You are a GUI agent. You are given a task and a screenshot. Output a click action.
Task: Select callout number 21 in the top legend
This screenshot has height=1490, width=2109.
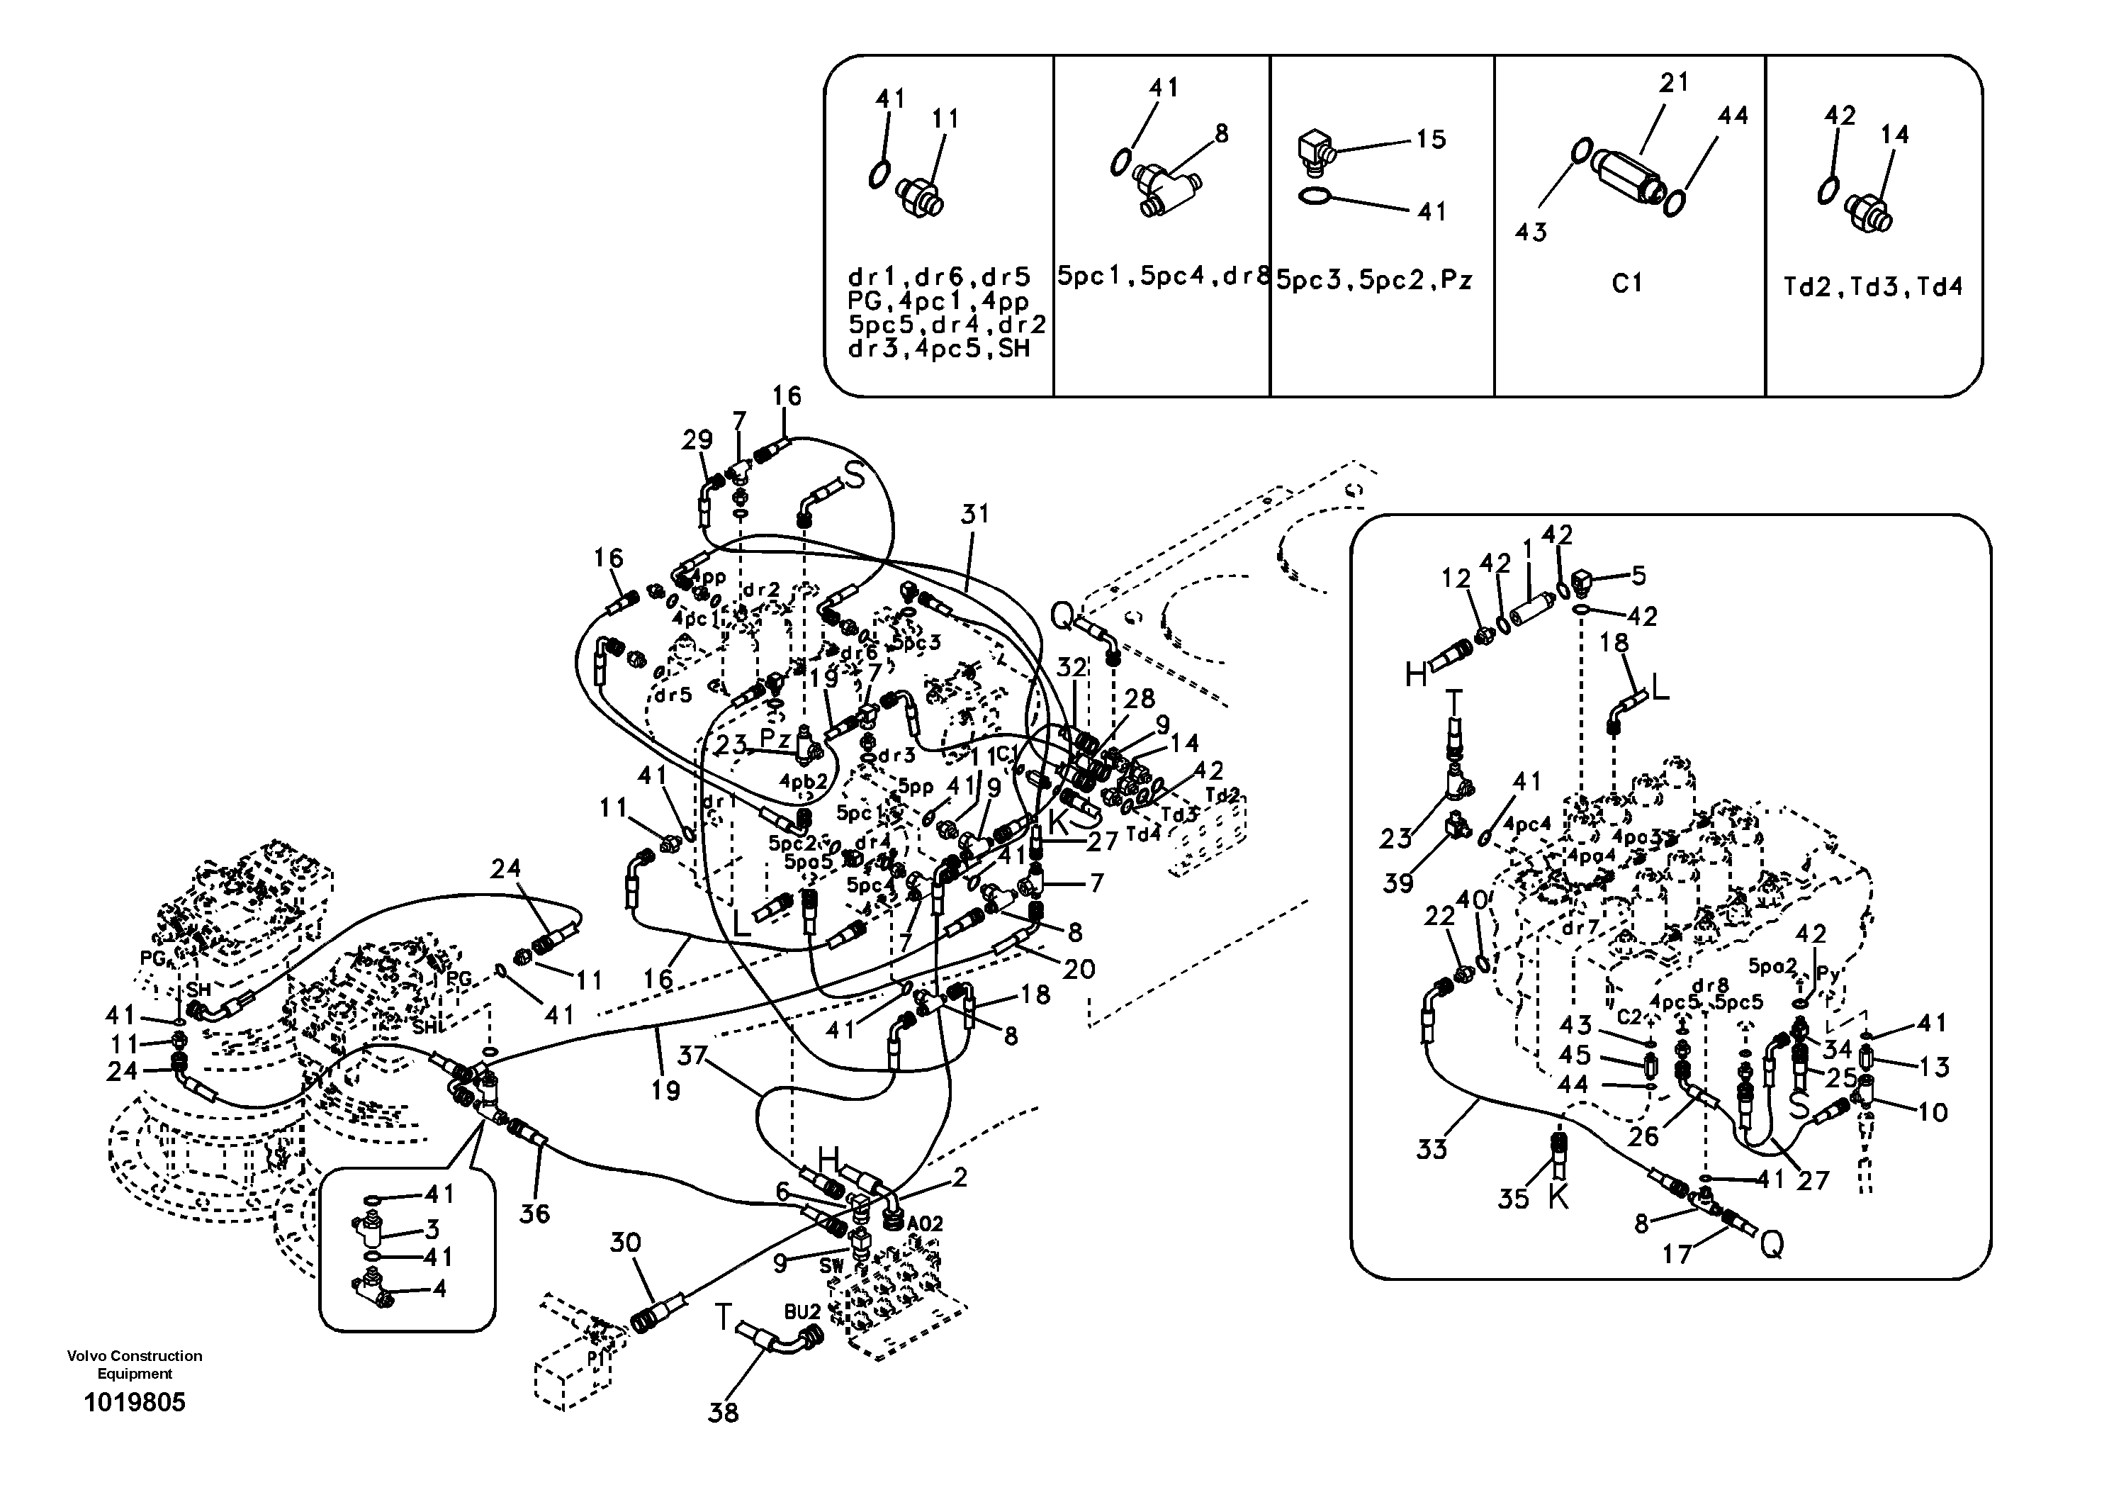[x=1674, y=83]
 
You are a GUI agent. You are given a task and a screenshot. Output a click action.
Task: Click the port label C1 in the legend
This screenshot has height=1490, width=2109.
[x=1627, y=284]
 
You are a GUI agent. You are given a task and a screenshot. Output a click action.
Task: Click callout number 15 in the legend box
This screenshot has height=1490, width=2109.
[x=1430, y=140]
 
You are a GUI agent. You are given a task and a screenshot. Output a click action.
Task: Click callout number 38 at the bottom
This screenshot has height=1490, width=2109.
[x=723, y=1413]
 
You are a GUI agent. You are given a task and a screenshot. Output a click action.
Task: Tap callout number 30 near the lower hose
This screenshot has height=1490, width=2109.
[x=626, y=1243]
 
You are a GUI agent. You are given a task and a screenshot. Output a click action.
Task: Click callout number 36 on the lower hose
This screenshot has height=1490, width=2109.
[x=534, y=1214]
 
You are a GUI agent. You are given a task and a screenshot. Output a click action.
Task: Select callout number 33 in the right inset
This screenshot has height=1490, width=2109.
[x=1431, y=1148]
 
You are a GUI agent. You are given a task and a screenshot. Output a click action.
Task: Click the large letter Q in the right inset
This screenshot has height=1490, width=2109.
[x=1771, y=1245]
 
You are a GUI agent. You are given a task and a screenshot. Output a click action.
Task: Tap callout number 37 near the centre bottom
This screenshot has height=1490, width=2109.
[x=692, y=1055]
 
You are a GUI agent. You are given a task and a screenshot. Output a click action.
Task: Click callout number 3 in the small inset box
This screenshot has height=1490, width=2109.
[x=432, y=1229]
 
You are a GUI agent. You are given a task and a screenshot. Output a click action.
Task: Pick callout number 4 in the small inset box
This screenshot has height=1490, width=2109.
[x=439, y=1289]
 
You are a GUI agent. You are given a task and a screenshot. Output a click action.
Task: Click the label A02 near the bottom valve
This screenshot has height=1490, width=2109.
[x=924, y=1223]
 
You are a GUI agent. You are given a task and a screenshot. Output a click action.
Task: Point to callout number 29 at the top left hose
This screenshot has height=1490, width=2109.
[x=697, y=440]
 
